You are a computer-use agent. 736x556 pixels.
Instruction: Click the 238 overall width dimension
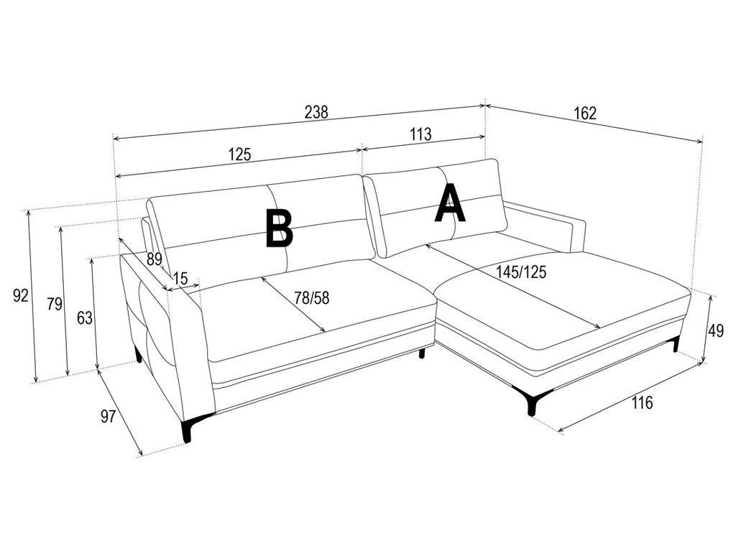(316, 112)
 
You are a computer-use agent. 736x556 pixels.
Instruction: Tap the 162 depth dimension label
(585, 113)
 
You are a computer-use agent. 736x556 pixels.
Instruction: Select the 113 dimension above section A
(420, 134)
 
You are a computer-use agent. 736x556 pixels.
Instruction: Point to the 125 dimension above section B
(240, 154)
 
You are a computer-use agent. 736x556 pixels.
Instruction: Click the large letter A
(450, 203)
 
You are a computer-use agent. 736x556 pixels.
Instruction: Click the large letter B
(279, 228)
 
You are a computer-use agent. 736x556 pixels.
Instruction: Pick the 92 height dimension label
(21, 295)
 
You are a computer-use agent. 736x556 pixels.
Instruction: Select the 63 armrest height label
(85, 318)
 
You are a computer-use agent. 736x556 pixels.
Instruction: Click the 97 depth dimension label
(108, 416)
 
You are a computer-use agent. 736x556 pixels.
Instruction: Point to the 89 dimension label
(154, 259)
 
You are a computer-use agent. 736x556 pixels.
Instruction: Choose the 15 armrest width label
(180, 278)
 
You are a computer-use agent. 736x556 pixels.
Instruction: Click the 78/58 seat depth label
(312, 297)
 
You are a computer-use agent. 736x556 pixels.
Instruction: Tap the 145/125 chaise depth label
(522, 272)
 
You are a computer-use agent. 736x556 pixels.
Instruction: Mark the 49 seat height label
(716, 330)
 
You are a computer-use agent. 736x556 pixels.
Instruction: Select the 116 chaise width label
(642, 402)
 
